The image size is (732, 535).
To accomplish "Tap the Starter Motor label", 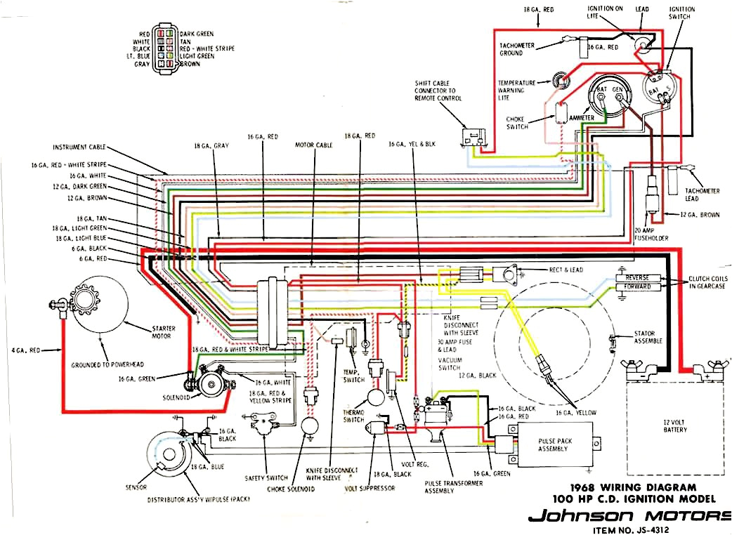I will click(163, 331).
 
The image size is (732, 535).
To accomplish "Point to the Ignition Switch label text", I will click(681, 13).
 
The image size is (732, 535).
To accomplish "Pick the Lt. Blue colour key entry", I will click(139, 56).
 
